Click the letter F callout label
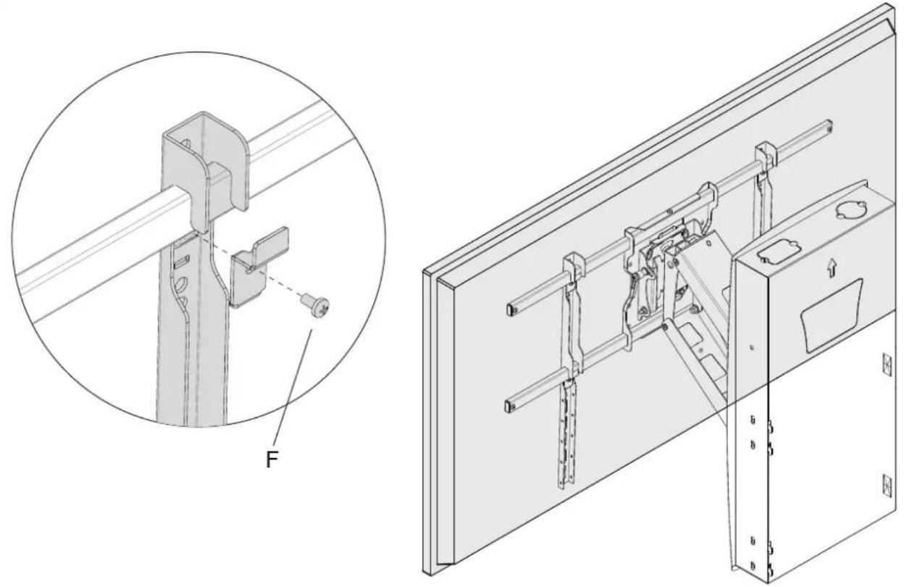272,460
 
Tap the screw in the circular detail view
316,306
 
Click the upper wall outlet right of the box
887,364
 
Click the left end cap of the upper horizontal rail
511,309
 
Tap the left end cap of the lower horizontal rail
509,406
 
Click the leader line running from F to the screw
293,388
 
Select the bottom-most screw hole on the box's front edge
753,566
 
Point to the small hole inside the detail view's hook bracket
185,143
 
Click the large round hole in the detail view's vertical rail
182,283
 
